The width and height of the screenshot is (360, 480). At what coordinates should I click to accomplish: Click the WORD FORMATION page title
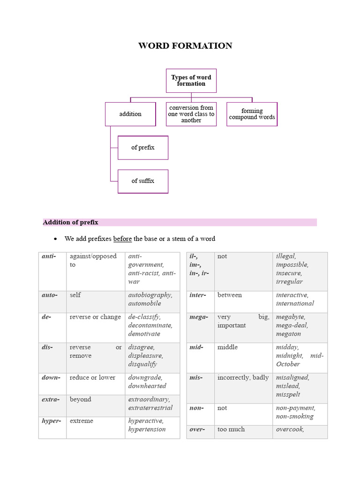click(185, 45)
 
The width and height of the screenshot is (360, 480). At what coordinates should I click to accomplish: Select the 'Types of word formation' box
click(191, 81)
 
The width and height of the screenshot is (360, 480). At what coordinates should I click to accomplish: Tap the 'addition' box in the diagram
click(130, 114)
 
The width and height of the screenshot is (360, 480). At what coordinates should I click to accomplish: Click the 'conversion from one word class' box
click(191, 114)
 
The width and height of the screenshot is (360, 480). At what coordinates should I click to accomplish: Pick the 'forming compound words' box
click(252, 114)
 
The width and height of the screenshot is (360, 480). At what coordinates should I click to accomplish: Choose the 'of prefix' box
click(142, 148)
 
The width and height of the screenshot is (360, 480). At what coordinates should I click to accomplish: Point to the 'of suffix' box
click(142, 181)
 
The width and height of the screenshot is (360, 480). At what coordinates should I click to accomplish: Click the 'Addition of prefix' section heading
click(71, 222)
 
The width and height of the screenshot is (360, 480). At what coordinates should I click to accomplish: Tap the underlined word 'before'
click(122, 239)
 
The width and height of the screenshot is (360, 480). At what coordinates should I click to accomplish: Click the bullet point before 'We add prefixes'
click(55, 239)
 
